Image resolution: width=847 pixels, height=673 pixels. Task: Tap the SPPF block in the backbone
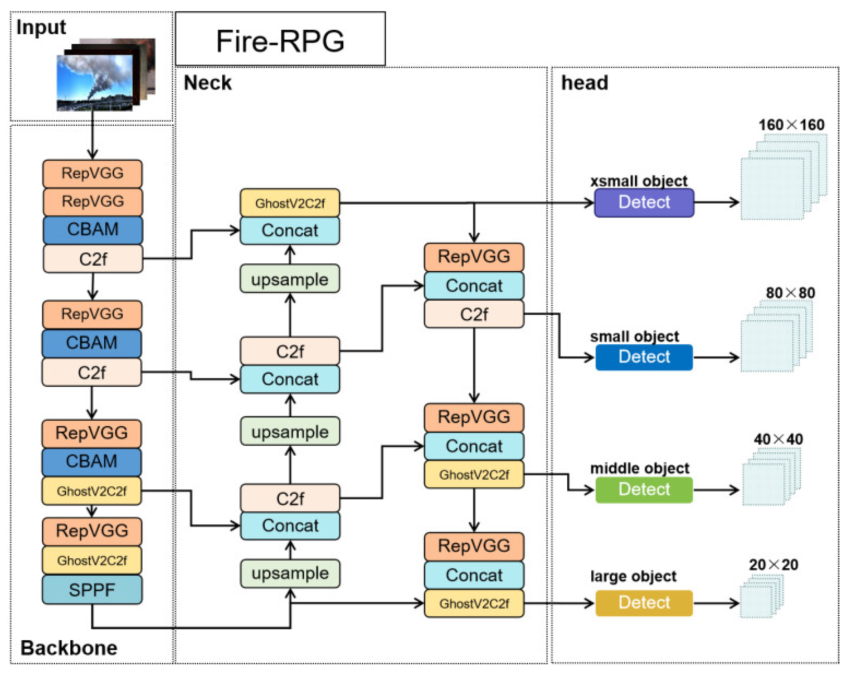point(92,589)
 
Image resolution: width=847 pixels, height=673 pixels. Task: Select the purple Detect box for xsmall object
point(643,202)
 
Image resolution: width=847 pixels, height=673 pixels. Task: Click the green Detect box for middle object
point(643,489)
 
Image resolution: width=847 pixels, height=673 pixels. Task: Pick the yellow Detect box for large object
point(643,602)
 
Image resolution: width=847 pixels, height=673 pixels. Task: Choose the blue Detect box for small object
point(643,357)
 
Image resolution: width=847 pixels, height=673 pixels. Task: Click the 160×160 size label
point(791,125)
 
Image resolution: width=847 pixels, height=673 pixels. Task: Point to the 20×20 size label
point(773,565)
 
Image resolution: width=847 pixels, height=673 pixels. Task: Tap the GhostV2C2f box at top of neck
point(290,203)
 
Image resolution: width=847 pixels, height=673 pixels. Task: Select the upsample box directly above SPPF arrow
point(290,573)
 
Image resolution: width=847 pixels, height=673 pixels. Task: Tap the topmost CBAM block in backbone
point(93,229)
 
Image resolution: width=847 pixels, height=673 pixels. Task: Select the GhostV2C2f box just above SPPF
point(92,560)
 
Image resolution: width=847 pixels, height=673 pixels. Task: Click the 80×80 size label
point(790,293)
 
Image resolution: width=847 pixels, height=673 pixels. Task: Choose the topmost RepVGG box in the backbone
point(93,173)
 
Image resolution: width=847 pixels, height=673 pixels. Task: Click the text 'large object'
point(633,576)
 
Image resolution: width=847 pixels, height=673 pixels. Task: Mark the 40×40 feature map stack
point(770,478)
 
